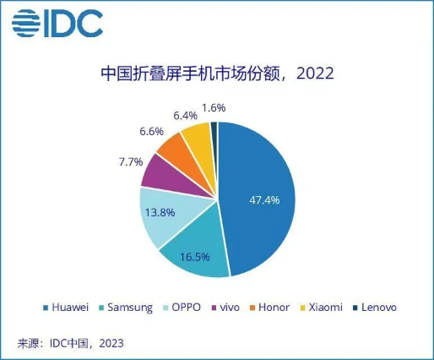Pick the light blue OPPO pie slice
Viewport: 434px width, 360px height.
tap(160, 215)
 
